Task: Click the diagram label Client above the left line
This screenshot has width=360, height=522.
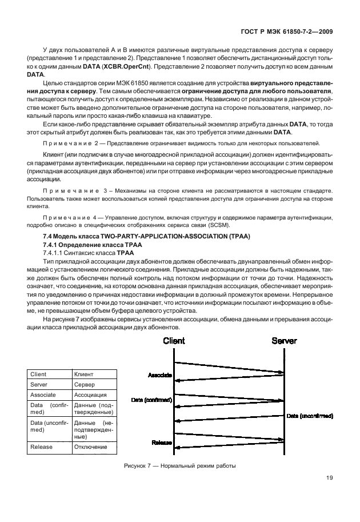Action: pos(174,341)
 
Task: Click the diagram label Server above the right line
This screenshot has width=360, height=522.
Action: pos(284,341)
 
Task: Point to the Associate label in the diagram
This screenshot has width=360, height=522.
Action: pos(160,375)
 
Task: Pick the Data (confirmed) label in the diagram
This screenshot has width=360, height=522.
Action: pos(151,400)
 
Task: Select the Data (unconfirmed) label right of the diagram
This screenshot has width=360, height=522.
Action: pos(309,415)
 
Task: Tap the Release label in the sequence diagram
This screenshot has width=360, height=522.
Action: pos(162,443)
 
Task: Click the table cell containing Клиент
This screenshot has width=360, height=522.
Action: pos(94,374)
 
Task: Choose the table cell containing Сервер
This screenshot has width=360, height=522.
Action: pos(94,385)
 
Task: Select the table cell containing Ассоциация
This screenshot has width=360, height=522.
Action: pos(94,395)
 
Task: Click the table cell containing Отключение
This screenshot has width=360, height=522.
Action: pos(94,447)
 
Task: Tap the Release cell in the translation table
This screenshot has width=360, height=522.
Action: pos(50,447)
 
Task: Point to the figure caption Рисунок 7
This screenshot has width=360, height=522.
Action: pos(179,466)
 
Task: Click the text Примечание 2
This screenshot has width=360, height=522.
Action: pos(71,142)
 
